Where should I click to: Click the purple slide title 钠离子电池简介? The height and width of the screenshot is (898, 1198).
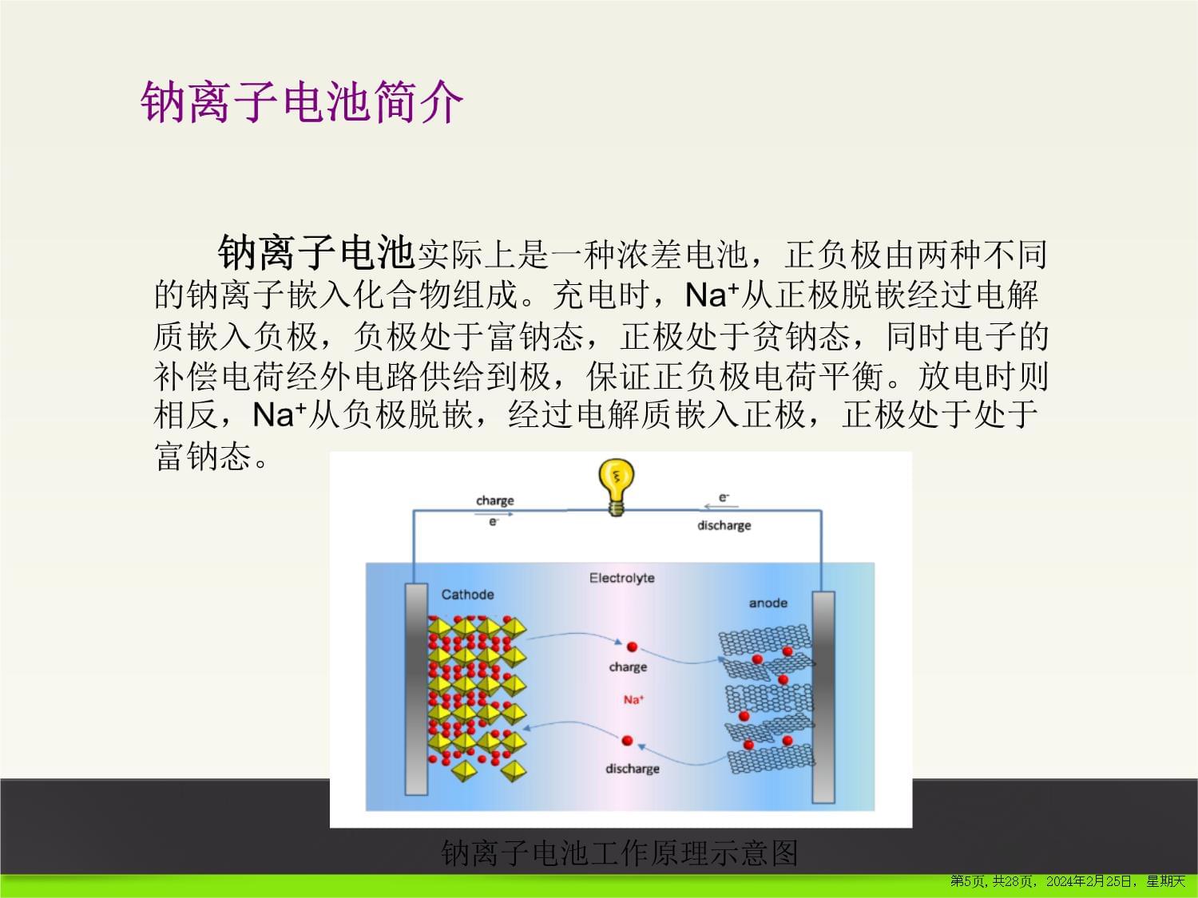click(302, 101)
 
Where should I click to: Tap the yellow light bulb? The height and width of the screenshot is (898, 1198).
click(617, 487)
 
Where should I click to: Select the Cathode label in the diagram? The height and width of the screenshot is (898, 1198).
click(468, 595)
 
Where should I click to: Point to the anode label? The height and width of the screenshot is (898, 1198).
click(768, 603)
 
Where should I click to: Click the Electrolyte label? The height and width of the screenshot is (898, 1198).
click(621, 578)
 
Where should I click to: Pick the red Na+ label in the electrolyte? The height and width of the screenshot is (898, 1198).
click(633, 699)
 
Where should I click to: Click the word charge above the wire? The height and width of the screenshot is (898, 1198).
click(495, 500)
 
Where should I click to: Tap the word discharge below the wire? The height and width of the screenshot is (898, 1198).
click(724, 525)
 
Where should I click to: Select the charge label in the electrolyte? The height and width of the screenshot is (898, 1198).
click(629, 667)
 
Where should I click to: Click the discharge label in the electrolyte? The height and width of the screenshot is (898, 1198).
click(633, 769)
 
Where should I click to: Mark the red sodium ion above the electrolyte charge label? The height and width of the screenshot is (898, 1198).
click(632, 647)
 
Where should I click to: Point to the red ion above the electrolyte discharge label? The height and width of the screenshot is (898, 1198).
click(627, 741)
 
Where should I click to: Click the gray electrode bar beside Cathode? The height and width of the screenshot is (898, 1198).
click(416, 689)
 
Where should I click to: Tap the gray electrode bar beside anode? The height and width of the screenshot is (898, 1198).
click(823, 698)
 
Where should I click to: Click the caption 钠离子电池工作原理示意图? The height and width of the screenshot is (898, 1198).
click(620, 853)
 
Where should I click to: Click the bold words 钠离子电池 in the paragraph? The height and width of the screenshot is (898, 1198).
click(315, 252)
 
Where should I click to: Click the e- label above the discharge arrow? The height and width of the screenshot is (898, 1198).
click(724, 497)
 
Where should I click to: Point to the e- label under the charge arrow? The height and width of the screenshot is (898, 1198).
click(494, 522)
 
